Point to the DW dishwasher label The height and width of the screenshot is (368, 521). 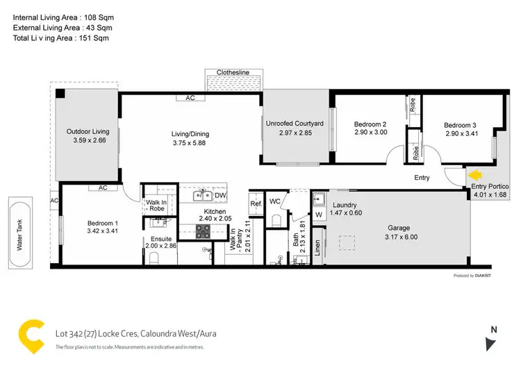pyautogui.click(x=221, y=195)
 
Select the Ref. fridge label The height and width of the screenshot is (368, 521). pyautogui.click(x=255, y=203)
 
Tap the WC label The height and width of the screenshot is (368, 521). pyautogui.click(x=274, y=201)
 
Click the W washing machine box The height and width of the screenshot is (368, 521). pyautogui.click(x=319, y=216)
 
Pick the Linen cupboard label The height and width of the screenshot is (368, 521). pyautogui.click(x=318, y=248)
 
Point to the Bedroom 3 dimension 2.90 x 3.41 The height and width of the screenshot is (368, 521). pyautogui.click(x=461, y=135)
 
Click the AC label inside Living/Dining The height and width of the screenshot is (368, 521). pyautogui.click(x=190, y=99)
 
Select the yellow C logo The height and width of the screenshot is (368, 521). pyautogui.click(x=28, y=335)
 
